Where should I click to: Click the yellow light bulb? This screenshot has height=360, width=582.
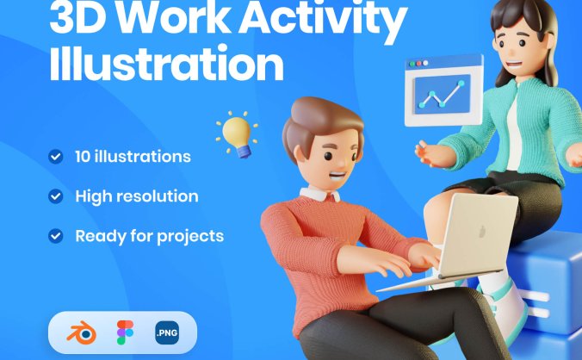[x=237, y=135]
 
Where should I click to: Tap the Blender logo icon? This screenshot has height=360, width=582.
[x=81, y=332]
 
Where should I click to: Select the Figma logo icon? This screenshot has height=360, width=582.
[x=125, y=332]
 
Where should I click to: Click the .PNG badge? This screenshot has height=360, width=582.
[x=167, y=332]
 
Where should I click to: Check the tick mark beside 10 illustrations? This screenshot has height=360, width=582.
[x=56, y=157]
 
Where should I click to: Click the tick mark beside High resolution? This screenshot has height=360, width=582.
[x=56, y=196]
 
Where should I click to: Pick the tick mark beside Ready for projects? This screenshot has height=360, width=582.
[x=56, y=236]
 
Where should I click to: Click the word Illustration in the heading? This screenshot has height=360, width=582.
[x=167, y=62]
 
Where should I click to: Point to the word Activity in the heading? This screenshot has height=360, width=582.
[x=323, y=16]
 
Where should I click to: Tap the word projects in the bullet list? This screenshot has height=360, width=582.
[x=190, y=237]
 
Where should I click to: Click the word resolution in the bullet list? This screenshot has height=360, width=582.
[x=163, y=196]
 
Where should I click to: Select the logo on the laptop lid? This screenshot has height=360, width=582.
[x=482, y=232]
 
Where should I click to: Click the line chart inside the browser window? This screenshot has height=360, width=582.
[x=443, y=94]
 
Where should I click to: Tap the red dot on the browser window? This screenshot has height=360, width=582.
[x=418, y=64]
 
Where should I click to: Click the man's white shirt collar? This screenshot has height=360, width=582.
[x=320, y=194]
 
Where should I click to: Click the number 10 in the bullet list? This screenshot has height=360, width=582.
[x=83, y=157]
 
